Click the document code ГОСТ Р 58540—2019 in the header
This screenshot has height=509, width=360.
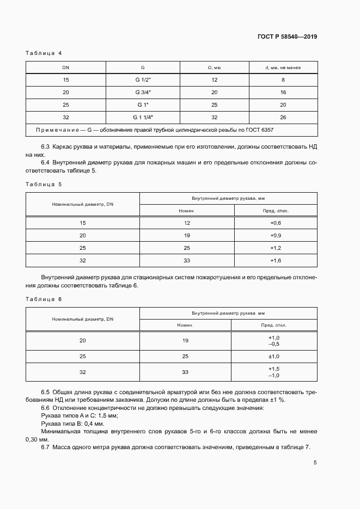click(287, 37)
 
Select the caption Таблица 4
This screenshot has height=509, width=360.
click(44, 53)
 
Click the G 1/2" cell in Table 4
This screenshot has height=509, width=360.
click(143, 79)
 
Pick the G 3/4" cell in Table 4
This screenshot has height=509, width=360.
click(143, 92)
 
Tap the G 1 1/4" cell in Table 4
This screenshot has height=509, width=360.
click(143, 117)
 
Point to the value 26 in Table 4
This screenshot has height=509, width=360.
click(283, 117)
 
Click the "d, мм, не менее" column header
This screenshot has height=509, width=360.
click(283, 68)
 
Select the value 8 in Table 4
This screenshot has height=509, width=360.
click(283, 79)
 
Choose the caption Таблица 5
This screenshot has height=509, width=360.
click(44, 184)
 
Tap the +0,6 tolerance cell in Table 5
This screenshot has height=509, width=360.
click(276, 223)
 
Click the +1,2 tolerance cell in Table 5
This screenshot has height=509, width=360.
click(276, 248)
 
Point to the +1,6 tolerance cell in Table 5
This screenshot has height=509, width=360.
click(276, 261)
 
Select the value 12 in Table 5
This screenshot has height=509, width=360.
click(187, 223)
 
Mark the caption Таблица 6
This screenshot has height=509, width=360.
click(44, 299)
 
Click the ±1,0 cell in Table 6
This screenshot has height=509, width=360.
click(274, 356)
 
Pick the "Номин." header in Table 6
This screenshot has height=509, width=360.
click(185, 325)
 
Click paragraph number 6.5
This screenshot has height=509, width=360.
click(46, 393)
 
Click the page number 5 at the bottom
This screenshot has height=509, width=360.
click(315, 463)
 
